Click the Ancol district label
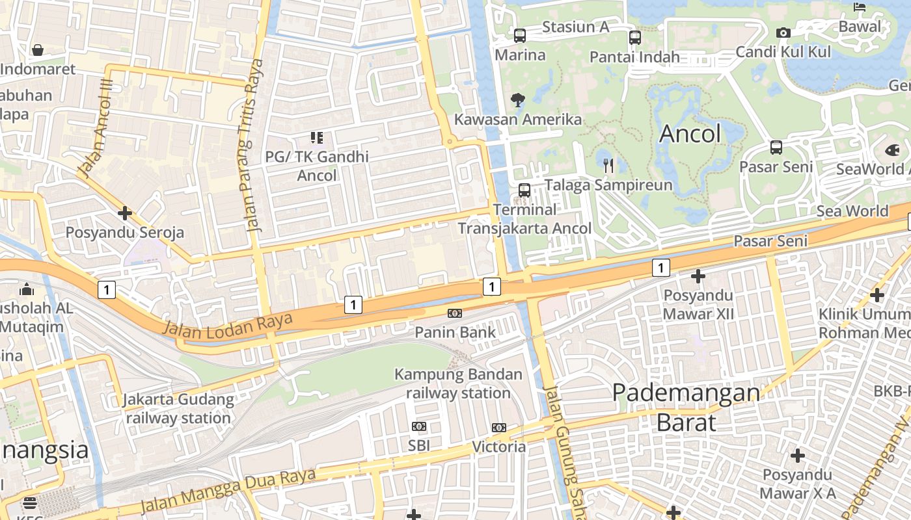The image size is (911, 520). tap(690, 134)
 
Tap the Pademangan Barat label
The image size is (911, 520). tap(686, 407)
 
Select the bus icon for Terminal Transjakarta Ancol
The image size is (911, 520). tap(524, 190)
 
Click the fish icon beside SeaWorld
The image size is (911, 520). tap(892, 150)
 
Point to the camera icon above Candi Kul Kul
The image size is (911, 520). tap(783, 33)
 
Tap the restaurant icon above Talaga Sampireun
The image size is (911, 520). tap(608, 166)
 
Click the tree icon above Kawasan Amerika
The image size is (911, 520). tap(518, 100)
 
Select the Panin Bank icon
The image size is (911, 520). tap(455, 313)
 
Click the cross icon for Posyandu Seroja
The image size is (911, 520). tap(125, 213)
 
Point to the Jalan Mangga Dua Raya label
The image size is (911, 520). tap(228, 490)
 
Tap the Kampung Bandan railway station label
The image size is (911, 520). tap(458, 383)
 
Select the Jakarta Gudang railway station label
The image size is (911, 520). tap(178, 408)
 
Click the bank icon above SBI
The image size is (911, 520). tap(419, 426)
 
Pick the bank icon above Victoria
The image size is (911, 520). tap(499, 427)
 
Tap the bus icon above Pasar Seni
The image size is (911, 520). tap(776, 148)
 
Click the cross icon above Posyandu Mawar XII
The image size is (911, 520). tap(698, 277)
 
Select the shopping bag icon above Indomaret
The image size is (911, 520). tap(38, 50)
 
